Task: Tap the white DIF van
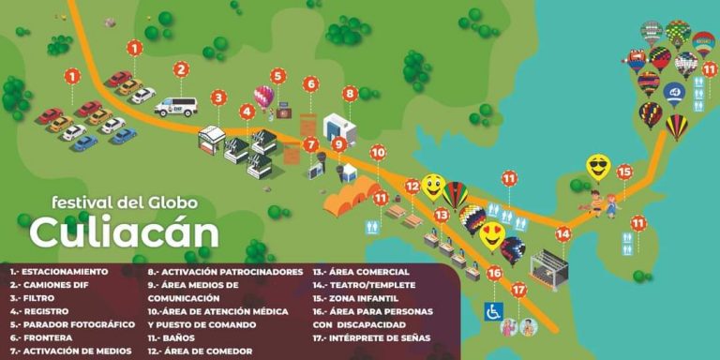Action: point(175,106)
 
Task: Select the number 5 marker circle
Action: point(278,75)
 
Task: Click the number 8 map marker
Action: point(350,93)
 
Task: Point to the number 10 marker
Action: point(378,152)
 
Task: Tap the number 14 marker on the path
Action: point(562,234)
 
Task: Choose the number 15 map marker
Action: point(624,172)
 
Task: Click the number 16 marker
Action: point(494,274)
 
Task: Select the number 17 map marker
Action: point(518,290)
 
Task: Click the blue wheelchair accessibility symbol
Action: point(492,310)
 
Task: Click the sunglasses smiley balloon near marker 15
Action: point(598,167)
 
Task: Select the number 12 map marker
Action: point(412,186)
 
